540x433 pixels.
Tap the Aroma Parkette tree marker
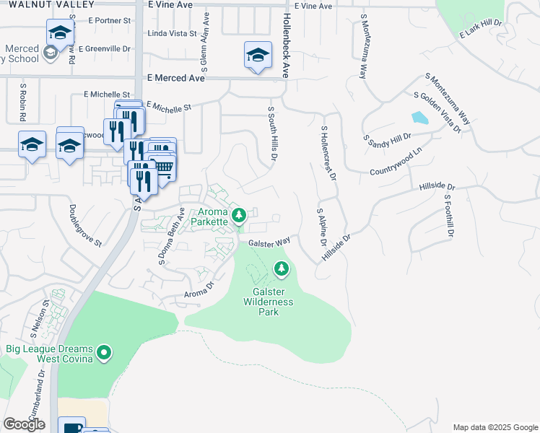pos(239,214)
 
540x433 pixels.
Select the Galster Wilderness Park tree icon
pos(281,269)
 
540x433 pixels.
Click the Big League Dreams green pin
pos(105,353)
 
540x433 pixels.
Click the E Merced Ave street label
pos(175,78)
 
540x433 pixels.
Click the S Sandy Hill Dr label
pos(387,136)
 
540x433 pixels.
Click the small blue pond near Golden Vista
pos(419,118)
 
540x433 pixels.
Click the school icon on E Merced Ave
pos(258,55)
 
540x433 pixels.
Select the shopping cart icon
pos(164,167)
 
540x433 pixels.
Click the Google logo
pos(24,424)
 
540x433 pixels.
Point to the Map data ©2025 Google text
pos(495,427)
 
